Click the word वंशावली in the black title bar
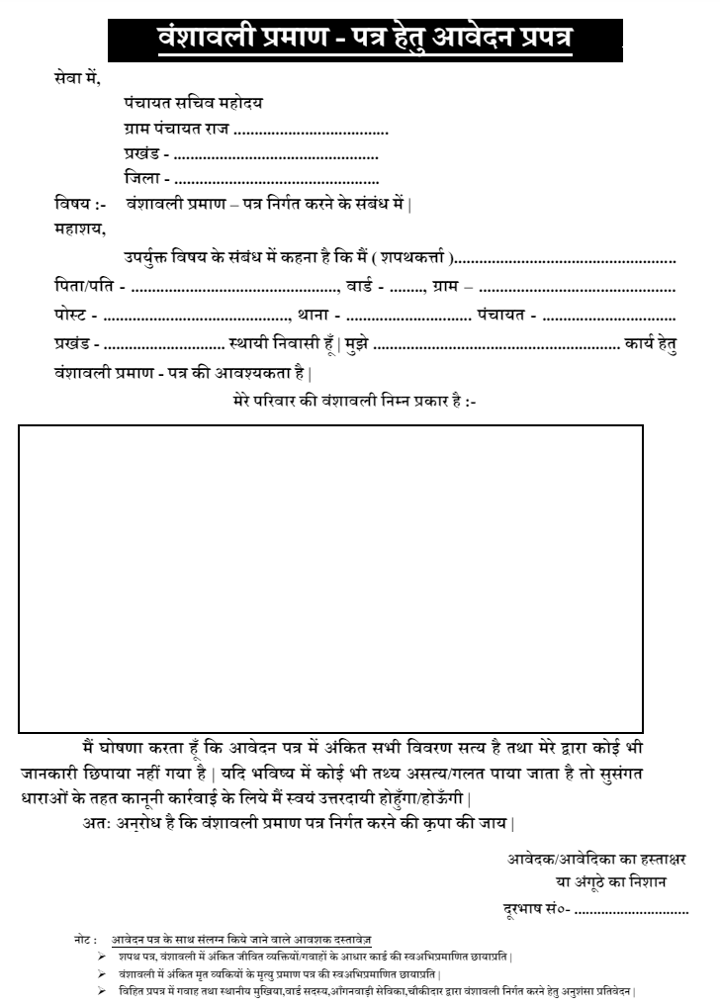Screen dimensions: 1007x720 [x=203, y=41]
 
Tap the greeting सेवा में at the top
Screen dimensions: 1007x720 [x=78, y=77]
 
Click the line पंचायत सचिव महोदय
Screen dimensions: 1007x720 [x=193, y=103]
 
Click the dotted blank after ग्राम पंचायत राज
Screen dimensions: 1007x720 [x=311, y=130]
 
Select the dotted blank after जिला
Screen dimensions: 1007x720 [x=276, y=180]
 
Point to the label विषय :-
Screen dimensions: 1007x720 [x=80, y=205]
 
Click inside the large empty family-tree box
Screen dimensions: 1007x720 [x=330, y=579]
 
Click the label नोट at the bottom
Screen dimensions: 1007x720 [x=85, y=937]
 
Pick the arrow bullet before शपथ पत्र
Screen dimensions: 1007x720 [x=101, y=956]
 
